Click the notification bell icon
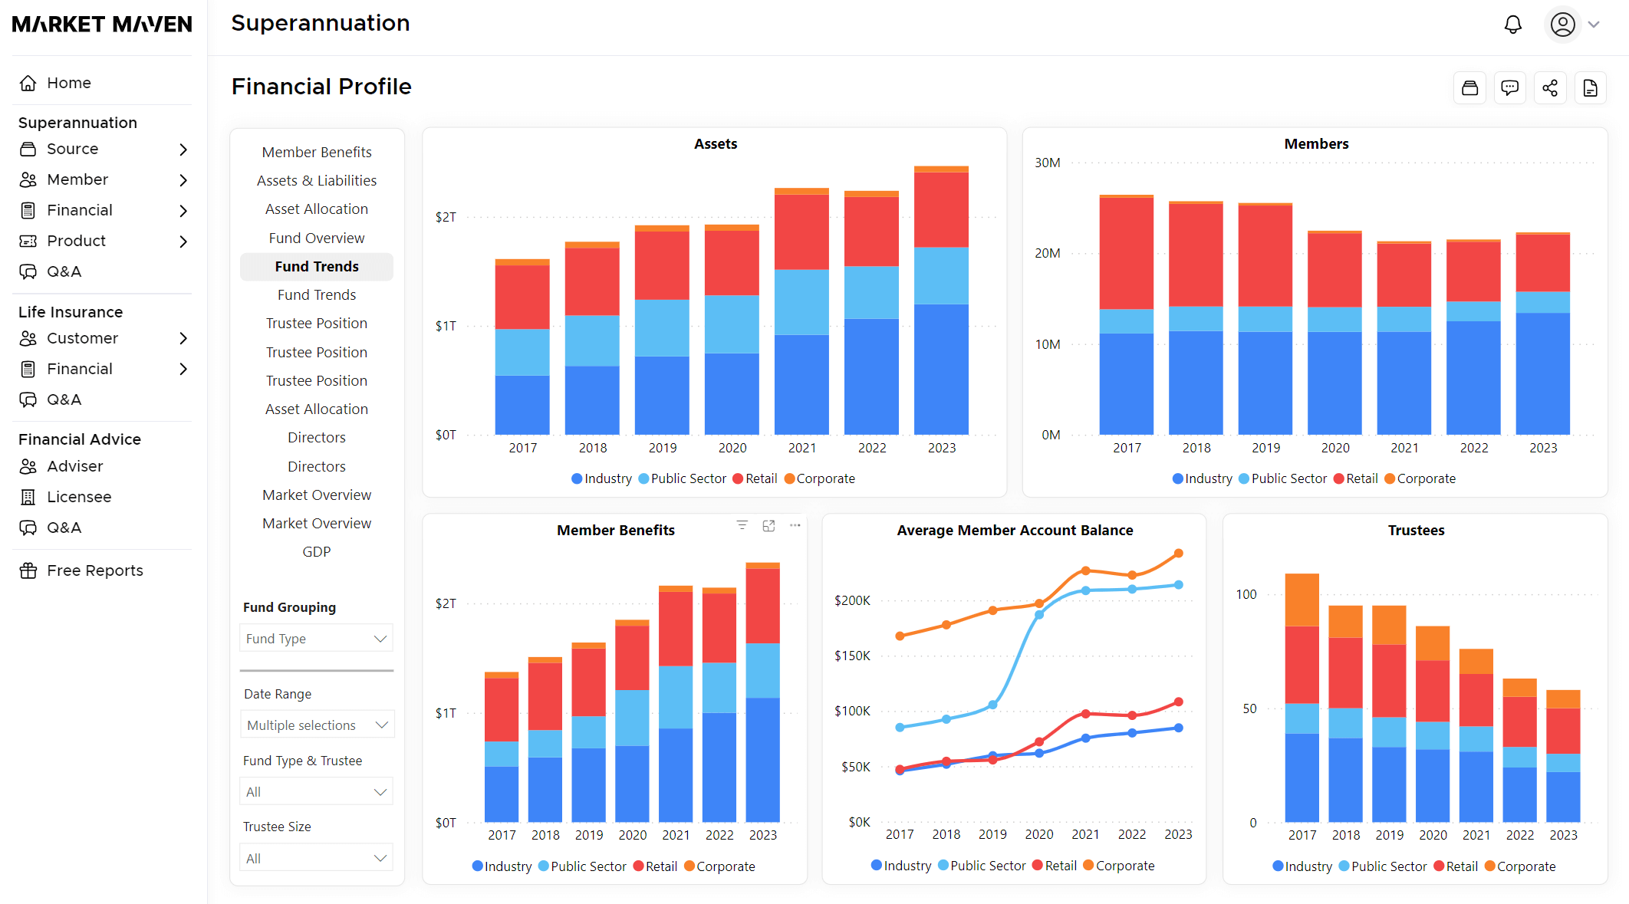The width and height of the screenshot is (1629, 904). tap(1512, 25)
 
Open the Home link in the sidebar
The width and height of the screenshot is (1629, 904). tap(68, 83)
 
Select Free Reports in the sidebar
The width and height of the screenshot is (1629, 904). tap(94, 570)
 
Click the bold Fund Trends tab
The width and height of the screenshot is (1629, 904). tap(316, 266)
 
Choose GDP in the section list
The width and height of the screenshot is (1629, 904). tap(316, 552)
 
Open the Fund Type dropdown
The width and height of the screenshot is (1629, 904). tap(316, 639)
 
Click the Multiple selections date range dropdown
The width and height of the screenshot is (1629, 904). tap(317, 725)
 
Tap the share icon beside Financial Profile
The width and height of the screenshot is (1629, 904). tap(1550, 88)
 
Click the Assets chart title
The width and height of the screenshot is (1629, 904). tap(715, 144)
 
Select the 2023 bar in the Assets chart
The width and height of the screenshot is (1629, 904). tap(941, 307)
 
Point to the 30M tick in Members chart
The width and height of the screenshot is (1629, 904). tap(1048, 163)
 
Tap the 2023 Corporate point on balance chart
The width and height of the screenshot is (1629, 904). tap(1178, 553)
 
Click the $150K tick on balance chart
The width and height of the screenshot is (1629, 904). tap(852, 656)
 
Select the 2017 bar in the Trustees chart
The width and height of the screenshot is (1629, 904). tap(1302, 698)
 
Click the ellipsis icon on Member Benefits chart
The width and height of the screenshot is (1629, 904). tap(795, 525)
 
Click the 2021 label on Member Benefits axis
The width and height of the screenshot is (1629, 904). tap(676, 835)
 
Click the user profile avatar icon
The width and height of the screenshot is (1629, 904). tap(1562, 25)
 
